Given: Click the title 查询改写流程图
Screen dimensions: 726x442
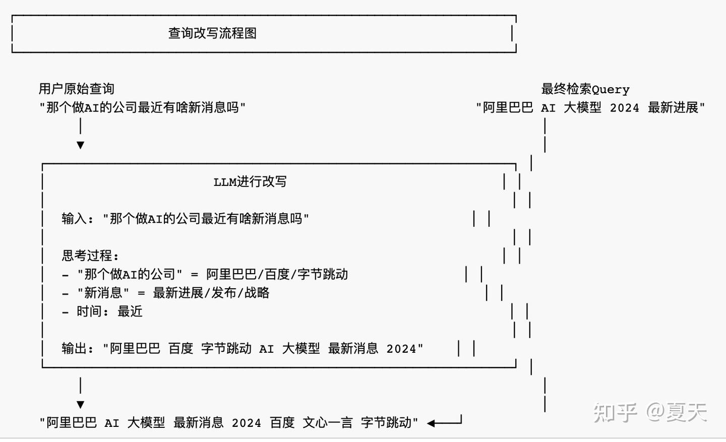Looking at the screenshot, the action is (x=212, y=33).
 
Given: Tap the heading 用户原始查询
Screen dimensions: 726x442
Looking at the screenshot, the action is (x=77, y=89).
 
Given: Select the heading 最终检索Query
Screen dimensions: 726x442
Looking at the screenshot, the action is (x=585, y=89).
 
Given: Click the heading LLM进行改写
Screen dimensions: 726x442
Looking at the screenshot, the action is (x=250, y=182).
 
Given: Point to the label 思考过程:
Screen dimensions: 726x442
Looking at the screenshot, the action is (x=90, y=256).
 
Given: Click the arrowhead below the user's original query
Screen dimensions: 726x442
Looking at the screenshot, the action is (x=80, y=145).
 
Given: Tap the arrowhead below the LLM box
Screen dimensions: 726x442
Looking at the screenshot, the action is (x=80, y=405).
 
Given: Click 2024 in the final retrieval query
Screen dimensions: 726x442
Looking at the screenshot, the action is (x=624, y=108).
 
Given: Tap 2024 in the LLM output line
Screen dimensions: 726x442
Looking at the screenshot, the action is (x=401, y=349).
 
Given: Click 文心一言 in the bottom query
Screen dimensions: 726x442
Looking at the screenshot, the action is (x=328, y=423).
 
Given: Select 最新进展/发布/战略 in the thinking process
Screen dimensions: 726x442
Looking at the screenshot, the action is (x=211, y=293).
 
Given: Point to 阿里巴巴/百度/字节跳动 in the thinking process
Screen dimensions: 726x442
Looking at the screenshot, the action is (x=277, y=274).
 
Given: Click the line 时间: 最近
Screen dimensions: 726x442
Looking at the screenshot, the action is (x=109, y=311).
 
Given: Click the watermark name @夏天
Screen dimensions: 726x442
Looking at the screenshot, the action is (x=677, y=412).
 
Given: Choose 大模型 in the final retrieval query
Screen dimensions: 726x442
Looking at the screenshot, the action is (x=582, y=108).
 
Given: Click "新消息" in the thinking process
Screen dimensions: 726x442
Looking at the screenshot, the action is (x=103, y=293).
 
